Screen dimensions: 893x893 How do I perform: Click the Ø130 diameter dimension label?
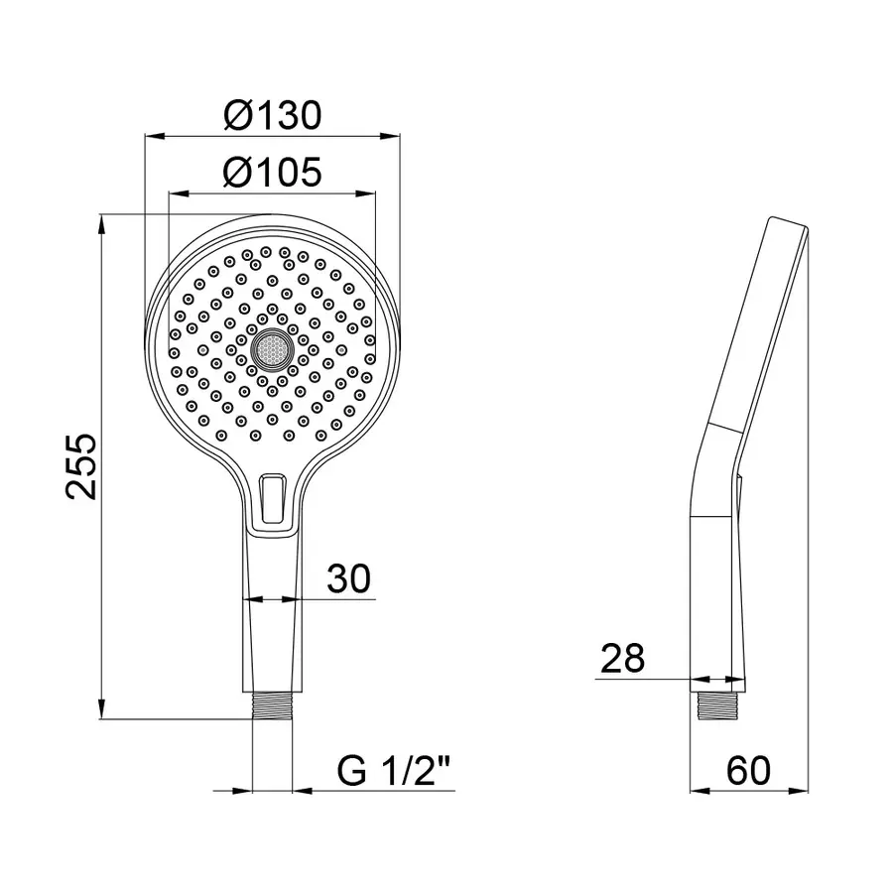pyautogui.click(x=272, y=115)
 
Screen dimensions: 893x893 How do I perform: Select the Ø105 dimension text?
pyautogui.click(x=272, y=174)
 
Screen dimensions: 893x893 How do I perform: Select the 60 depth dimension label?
pyautogui.click(x=748, y=770)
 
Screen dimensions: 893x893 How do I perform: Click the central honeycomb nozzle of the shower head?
pyautogui.click(x=272, y=349)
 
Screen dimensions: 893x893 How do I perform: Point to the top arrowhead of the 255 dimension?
pyautogui.click(x=103, y=220)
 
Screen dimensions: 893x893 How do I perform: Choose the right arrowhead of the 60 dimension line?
pyautogui.click(x=802, y=791)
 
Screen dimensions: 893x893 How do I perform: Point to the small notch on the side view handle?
pyautogui.click(x=739, y=482)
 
